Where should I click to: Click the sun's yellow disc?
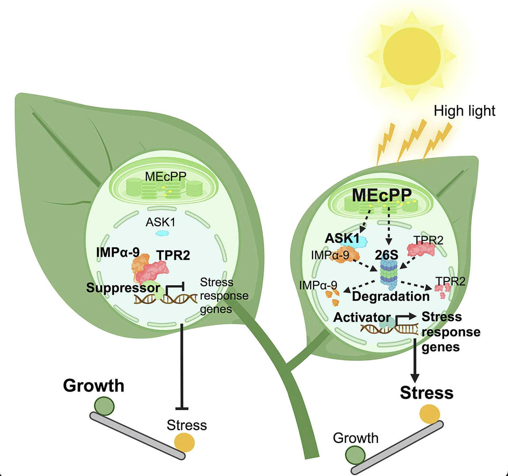[412, 56]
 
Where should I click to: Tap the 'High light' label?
[464, 111]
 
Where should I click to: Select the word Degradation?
[391, 296]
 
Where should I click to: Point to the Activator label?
[362, 317]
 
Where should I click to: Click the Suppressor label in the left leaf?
[123, 288]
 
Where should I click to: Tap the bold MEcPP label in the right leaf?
[382, 195]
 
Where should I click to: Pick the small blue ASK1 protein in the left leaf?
[162, 233]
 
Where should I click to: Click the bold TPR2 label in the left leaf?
[173, 255]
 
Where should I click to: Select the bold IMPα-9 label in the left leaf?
[118, 252]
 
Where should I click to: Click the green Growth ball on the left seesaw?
[104, 406]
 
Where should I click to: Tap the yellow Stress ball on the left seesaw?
[184, 442]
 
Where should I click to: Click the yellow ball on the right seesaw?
[429, 414]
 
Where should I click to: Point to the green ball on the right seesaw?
[355, 455]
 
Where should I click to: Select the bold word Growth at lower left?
[94, 385]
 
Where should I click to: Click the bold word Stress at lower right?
[426, 393]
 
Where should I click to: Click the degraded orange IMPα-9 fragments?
[333, 297]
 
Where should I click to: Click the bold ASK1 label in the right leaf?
[342, 238]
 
